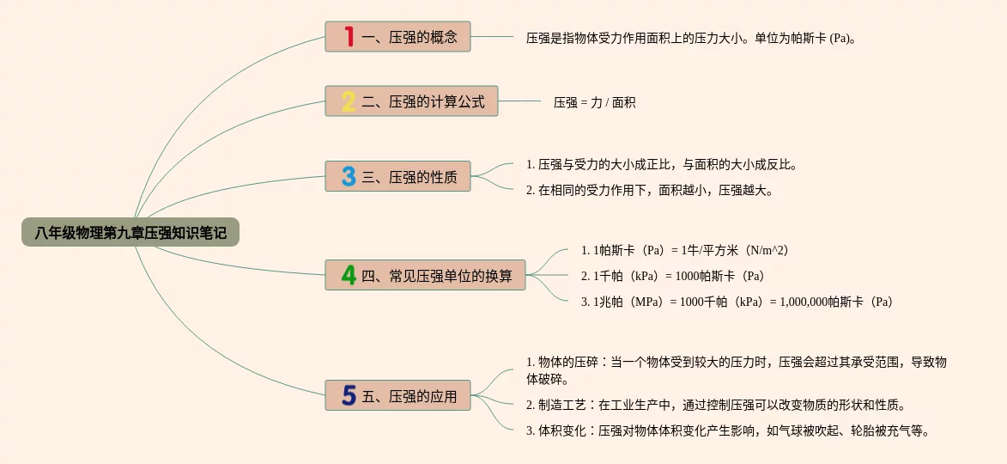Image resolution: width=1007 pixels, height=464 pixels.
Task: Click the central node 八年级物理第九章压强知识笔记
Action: pos(130,232)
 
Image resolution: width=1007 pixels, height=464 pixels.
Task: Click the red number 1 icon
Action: pos(349,37)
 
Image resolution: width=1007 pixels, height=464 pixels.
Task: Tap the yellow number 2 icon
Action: pos(349,102)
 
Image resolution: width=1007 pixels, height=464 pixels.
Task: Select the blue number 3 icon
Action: pos(349,176)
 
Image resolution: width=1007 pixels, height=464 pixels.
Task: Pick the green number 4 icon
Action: pos(349,275)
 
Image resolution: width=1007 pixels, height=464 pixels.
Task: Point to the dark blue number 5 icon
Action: pos(349,395)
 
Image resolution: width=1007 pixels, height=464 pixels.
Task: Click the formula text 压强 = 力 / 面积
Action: pos(594,102)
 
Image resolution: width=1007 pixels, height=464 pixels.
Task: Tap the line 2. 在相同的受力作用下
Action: pos(649,190)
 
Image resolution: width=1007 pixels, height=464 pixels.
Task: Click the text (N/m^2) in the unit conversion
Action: pos(767,250)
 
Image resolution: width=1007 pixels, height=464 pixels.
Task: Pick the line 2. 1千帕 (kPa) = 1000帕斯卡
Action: pos(672,276)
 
